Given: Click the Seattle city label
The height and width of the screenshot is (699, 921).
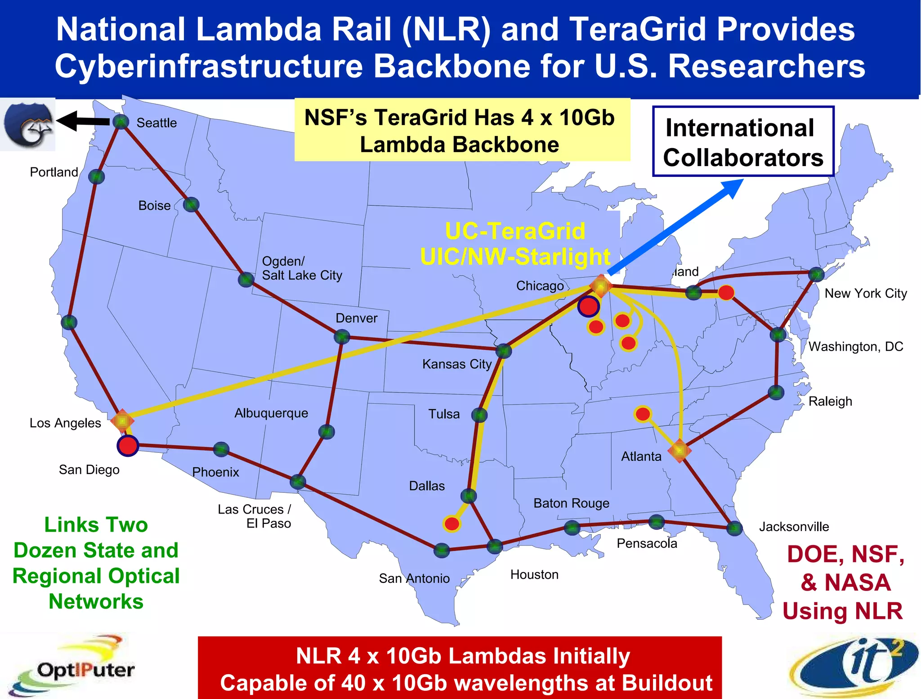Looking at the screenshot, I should pos(156,123).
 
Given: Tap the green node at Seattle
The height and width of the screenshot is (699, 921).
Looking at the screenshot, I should pos(121,122).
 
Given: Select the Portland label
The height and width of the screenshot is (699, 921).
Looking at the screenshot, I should pos(54,172).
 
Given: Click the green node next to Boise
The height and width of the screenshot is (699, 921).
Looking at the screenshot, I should pos(191,205).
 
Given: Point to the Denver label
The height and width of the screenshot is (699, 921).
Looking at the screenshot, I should pos(357,318).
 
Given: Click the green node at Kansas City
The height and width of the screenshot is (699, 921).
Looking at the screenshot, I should pos(504,351).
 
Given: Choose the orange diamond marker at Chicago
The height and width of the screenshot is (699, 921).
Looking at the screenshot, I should pos(601,285).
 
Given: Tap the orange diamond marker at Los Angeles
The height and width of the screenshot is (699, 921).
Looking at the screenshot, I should pos(122,421).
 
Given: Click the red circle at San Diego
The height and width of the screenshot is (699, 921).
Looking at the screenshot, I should pos(128,446).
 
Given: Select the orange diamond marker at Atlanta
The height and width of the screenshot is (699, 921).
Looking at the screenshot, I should pos(680,451).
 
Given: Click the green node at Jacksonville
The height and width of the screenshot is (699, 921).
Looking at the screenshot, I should pos(734,528).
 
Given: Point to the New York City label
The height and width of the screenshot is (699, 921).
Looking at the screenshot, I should pos(866,293).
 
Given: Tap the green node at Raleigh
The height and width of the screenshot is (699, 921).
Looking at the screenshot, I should pos(776,392).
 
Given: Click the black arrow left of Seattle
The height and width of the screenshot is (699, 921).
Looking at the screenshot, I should pos(84,121).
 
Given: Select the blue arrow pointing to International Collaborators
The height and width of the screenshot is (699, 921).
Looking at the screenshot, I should pos(675,227).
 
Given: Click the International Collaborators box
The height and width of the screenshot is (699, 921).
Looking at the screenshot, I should pos(743,141).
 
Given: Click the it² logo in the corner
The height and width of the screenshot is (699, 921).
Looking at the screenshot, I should pos(854,666).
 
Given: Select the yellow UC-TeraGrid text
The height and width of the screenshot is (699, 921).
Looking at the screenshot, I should pos(515,231).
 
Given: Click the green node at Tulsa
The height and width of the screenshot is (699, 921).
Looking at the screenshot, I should pos(480,415).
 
